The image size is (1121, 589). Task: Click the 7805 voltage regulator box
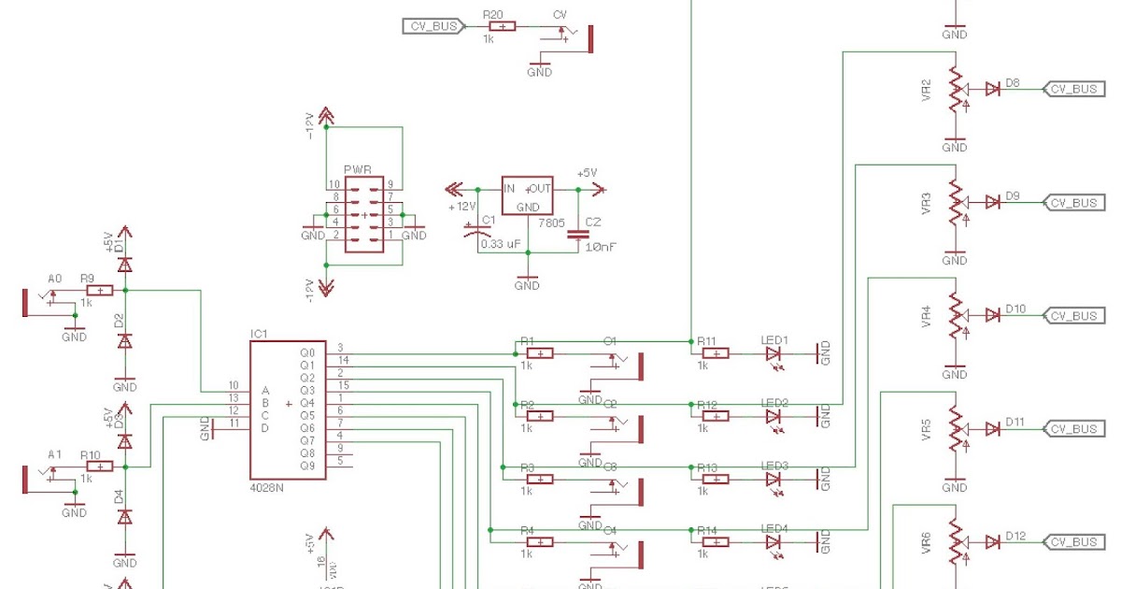click(x=528, y=195)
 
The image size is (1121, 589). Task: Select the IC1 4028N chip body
click(x=288, y=410)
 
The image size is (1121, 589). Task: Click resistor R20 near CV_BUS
click(x=502, y=27)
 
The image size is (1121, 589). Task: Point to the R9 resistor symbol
click(x=99, y=291)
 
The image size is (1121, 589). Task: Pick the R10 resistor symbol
click(x=99, y=466)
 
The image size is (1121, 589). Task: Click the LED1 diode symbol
click(x=773, y=353)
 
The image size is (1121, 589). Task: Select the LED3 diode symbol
click(x=773, y=479)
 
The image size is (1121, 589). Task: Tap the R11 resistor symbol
click(x=715, y=353)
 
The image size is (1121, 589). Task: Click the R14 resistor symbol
click(x=715, y=541)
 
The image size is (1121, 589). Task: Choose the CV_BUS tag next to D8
click(x=1072, y=89)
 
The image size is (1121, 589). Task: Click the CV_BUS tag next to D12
click(x=1072, y=541)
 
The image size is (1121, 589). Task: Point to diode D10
click(x=992, y=316)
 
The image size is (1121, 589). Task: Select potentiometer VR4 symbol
click(x=955, y=316)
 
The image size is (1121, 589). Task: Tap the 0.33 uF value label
click(x=501, y=244)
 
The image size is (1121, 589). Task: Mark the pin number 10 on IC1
click(x=234, y=385)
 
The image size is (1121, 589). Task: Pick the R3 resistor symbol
click(x=540, y=479)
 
